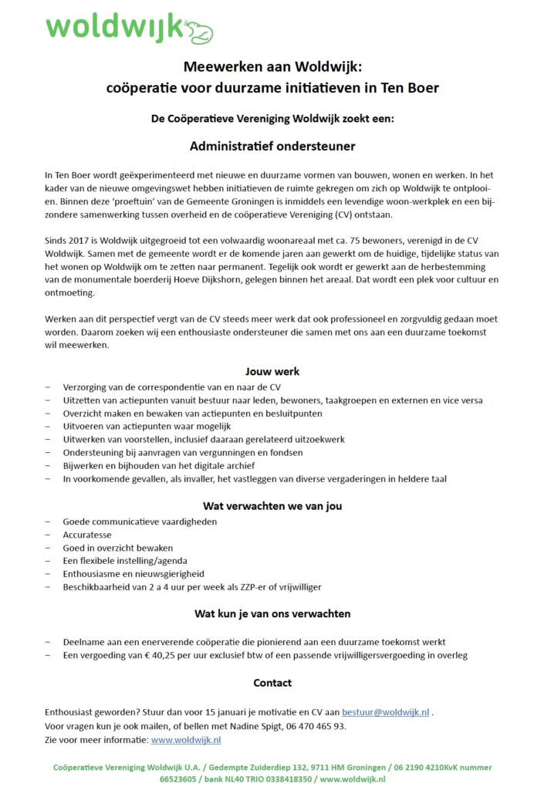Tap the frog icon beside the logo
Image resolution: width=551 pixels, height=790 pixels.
coord(198,31)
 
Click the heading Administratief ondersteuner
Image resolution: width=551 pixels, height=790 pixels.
coord(272,145)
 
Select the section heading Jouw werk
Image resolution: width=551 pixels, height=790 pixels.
coord(272,371)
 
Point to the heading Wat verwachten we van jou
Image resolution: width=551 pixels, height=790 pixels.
coord(272,506)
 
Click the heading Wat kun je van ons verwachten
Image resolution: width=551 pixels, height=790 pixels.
coord(272,614)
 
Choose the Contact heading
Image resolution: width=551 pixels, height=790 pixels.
coord(272,683)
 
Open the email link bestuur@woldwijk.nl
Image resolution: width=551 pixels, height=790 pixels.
coord(385,712)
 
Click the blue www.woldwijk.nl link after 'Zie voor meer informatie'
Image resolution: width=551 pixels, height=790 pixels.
coord(186,740)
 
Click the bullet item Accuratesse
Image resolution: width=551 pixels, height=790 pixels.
coord(86,535)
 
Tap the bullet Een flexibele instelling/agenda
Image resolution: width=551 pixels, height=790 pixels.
coord(125,561)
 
